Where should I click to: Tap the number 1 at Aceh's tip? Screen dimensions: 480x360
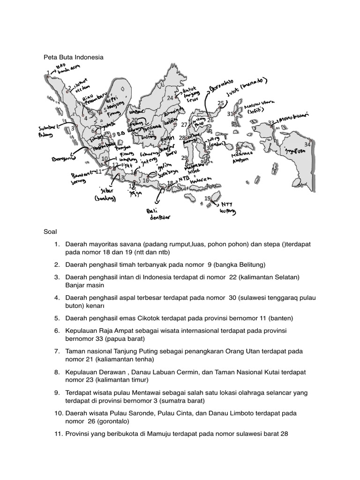point(48,73)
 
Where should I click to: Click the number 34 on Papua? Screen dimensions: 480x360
point(307,144)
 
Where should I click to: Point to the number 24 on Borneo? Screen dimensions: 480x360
point(170,98)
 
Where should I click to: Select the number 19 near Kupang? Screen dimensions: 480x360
point(207,199)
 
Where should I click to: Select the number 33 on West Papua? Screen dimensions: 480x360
point(271,123)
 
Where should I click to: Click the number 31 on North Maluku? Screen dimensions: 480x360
point(230,114)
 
